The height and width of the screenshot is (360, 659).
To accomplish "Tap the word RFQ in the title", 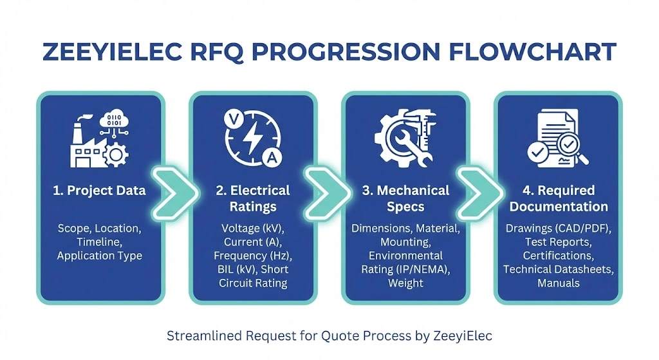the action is (217, 52).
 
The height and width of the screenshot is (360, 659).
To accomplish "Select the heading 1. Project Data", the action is (99, 191).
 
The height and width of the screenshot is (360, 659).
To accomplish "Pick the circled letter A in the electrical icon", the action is (272, 158).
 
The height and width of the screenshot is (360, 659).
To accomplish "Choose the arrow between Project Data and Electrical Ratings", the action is (174, 193).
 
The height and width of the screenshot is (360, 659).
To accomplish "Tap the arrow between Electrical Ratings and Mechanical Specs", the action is (327, 193).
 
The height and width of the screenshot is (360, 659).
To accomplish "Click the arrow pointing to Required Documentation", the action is (479, 193).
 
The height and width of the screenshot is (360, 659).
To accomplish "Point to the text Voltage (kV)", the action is (252, 229).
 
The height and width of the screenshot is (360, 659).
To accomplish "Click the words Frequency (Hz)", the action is (252, 256).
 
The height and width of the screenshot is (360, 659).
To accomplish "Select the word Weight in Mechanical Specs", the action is (405, 283).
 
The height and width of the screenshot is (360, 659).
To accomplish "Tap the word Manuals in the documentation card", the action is (558, 283).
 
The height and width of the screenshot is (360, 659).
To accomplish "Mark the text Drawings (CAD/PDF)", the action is (558, 229).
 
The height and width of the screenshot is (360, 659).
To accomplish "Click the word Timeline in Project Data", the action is (99, 242).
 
